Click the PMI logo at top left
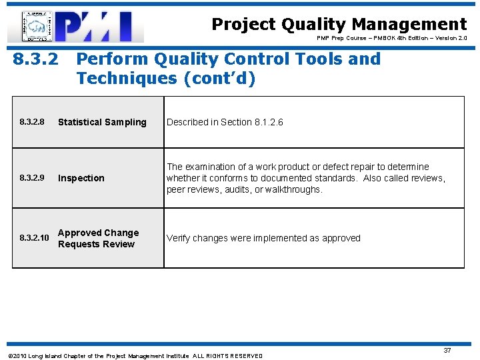[x=75, y=27]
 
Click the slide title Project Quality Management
[x=339, y=25]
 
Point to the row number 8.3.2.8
[x=33, y=122]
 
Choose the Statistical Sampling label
[x=102, y=122]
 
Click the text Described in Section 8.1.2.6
[x=225, y=122]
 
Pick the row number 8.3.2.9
[x=33, y=178]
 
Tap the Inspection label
[x=81, y=178]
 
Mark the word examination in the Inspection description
[x=211, y=167]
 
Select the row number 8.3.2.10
[x=34, y=238]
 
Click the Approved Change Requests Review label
[x=98, y=238]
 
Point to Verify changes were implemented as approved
[x=263, y=238]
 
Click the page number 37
[x=447, y=350]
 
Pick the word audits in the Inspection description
[x=237, y=189]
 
